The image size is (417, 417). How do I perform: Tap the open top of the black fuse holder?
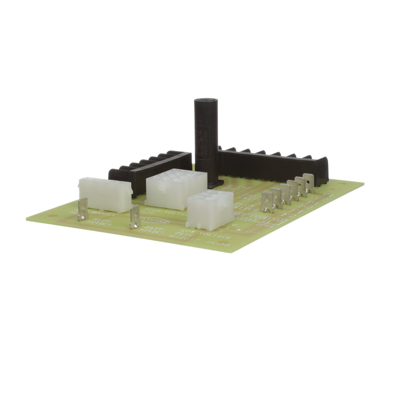(206, 101)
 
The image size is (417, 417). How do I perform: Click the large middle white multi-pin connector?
(175, 188)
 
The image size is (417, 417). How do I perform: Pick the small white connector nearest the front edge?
(209, 209)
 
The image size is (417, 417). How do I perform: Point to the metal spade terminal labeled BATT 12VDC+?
(83, 209)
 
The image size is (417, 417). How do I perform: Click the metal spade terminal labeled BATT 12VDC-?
(135, 216)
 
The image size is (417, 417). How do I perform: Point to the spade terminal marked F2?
(267, 202)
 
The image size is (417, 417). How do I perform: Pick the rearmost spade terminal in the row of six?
(309, 183)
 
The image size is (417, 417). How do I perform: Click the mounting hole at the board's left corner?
(51, 216)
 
